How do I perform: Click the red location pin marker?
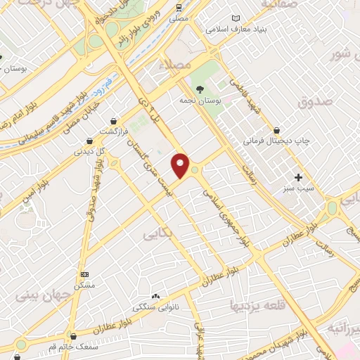tap(181, 165)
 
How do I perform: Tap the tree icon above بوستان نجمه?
tap(200, 89)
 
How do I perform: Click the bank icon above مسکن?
tap(85, 274)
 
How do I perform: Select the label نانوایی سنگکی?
tap(154, 307)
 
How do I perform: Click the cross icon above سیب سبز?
tap(299, 177)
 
